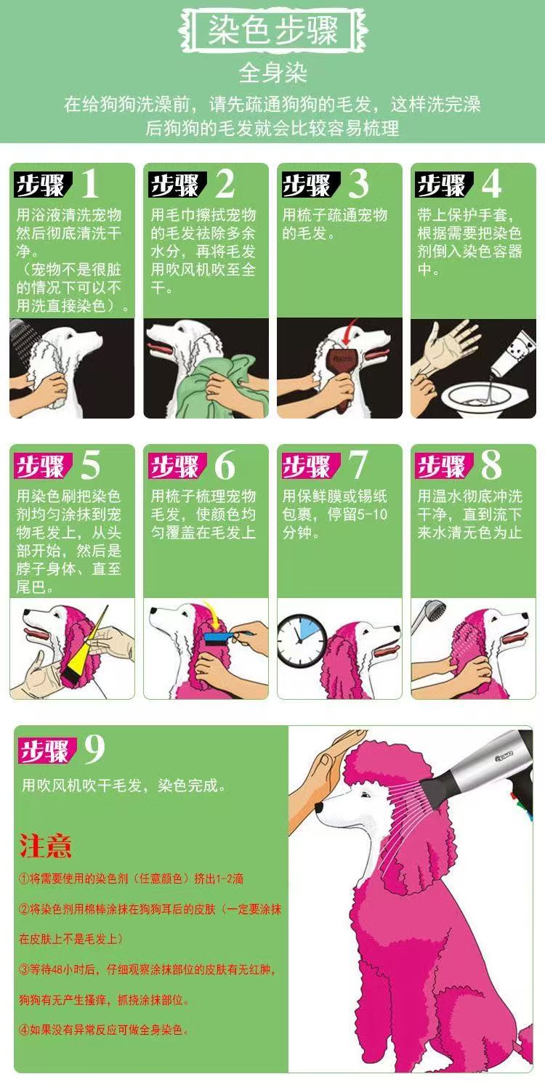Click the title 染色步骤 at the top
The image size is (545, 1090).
[273, 31]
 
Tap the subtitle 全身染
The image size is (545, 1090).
[272, 73]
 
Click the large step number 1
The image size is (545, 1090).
[90, 184]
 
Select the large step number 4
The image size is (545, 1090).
[491, 184]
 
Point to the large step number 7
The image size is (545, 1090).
[358, 465]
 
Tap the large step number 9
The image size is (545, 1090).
[94, 749]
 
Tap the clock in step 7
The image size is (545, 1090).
[302, 639]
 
